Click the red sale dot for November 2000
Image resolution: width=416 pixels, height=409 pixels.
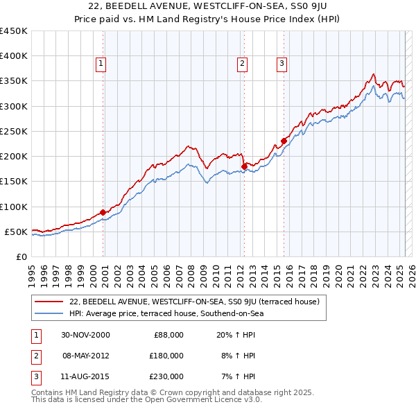[103, 212]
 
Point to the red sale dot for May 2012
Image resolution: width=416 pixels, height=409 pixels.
[244, 166]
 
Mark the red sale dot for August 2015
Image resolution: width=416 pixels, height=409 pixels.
[284, 141]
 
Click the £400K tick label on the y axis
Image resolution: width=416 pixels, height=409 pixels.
[14, 56]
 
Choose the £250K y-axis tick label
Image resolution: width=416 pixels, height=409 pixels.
[14, 131]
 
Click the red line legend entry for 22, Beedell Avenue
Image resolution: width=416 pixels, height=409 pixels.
[193, 302]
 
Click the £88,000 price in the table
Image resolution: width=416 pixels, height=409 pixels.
[168, 335]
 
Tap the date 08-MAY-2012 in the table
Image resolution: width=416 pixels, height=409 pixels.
[86, 356]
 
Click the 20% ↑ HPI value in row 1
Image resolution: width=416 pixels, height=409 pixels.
[236, 335]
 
